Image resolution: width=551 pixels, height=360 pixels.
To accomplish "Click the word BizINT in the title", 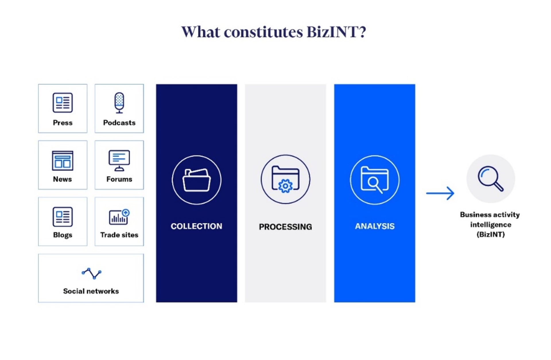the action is [333, 32].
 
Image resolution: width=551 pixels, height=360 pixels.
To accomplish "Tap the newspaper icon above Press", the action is [63, 102].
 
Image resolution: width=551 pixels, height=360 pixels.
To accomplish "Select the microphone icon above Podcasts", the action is [119, 103].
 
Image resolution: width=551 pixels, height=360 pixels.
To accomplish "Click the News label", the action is [62, 179].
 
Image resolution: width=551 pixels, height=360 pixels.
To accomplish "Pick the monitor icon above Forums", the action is [119, 160].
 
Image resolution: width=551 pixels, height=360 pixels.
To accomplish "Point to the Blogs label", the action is [63, 235].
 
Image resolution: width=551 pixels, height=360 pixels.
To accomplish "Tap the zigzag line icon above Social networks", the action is [91, 273].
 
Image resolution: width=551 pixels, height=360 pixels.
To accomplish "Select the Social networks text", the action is [91, 291].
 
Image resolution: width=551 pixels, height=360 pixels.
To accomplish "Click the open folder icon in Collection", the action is [197, 180].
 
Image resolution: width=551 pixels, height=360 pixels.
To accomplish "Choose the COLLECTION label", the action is [197, 226].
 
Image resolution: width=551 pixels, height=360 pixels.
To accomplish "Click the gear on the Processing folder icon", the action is [285, 186].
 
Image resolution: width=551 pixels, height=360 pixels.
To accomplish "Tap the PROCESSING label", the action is [286, 227].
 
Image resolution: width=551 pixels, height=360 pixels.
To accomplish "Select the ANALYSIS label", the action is [375, 226].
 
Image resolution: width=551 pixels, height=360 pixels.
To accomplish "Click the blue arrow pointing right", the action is [440, 193].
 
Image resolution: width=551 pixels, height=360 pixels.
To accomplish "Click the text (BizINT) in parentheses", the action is [490, 235].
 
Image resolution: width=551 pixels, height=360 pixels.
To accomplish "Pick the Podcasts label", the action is [119, 123].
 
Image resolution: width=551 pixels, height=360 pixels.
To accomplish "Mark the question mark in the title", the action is [362, 32].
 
